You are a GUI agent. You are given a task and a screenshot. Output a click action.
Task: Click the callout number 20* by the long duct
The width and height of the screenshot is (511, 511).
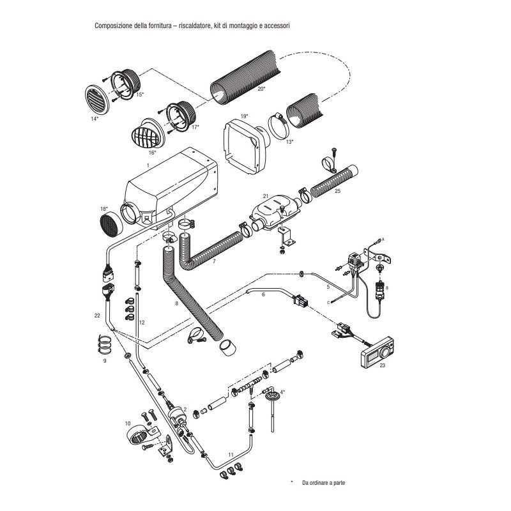[261, 89]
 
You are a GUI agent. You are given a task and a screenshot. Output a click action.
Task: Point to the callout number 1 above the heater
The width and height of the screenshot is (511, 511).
[148, 164]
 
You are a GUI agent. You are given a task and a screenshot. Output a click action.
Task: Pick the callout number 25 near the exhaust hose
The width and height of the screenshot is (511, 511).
[337, 190]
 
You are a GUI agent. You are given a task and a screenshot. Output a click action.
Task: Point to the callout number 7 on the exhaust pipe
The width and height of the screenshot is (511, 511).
[213, 262]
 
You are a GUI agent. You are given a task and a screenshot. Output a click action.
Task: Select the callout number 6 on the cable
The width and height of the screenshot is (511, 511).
[263, 294]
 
